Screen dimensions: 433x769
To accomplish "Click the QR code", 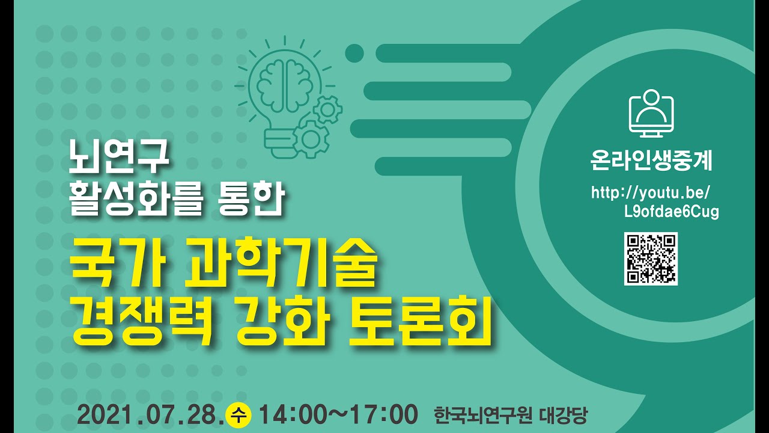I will [651, 258].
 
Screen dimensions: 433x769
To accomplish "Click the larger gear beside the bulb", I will [311, 139].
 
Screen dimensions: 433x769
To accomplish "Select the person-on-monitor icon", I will [651, 112].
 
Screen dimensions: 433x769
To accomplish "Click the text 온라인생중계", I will [651, 161].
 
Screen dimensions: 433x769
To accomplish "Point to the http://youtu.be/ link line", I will [651, 193].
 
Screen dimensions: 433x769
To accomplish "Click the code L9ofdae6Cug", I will [672, 212].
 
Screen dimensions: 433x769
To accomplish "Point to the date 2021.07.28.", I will [150, 415].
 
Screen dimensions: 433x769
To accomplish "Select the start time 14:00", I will [293, 415].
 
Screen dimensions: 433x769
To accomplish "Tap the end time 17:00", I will [384, 415].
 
